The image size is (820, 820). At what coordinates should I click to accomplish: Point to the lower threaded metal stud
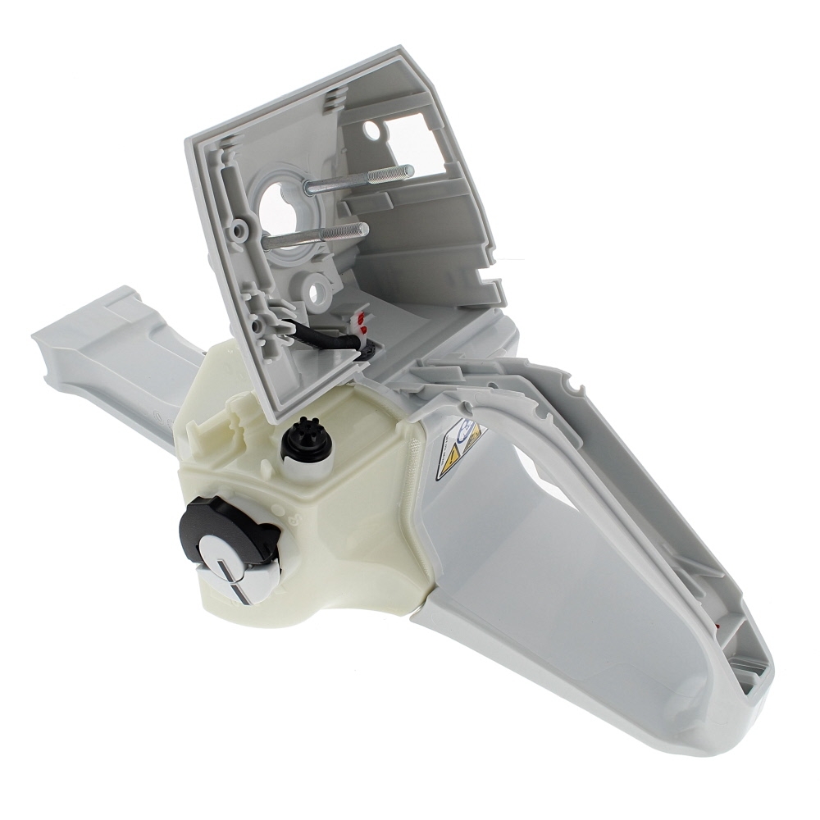pos(316,235)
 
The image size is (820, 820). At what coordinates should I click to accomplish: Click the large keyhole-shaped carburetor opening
pos(282,205)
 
